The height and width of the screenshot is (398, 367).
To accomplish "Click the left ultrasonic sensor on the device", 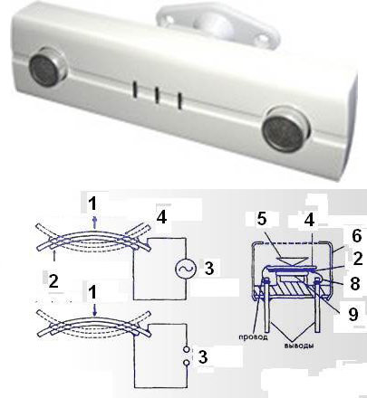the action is (x=47, y=67).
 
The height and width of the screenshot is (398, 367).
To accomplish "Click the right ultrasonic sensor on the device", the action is (x=285, y=128).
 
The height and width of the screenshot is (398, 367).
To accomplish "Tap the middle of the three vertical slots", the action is (x=157, y=96).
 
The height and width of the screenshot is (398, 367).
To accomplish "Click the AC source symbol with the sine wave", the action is (x=184, y=269).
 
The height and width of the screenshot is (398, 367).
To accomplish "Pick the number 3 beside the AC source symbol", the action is (x=209, y=269).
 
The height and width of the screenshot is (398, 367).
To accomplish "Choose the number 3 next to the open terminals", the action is (x=202, y=356).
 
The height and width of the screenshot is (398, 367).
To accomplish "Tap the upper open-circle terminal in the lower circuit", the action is (x=188, y=350).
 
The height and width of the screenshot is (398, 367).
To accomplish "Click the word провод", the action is (x=254, y=336).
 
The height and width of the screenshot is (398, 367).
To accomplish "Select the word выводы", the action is (x=298, y=346).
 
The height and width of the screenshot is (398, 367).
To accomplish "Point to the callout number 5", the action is (x=262, y=219).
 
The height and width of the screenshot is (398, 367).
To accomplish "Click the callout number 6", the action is (x=356, y=236).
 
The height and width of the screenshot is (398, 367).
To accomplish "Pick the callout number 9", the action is (x=353, y=314).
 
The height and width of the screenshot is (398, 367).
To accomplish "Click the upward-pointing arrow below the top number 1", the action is (x=95, y=223).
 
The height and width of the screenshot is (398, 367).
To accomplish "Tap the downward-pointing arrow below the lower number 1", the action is (x=95, y=310).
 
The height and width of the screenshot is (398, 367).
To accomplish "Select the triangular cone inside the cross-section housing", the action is (x=294, y=261).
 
